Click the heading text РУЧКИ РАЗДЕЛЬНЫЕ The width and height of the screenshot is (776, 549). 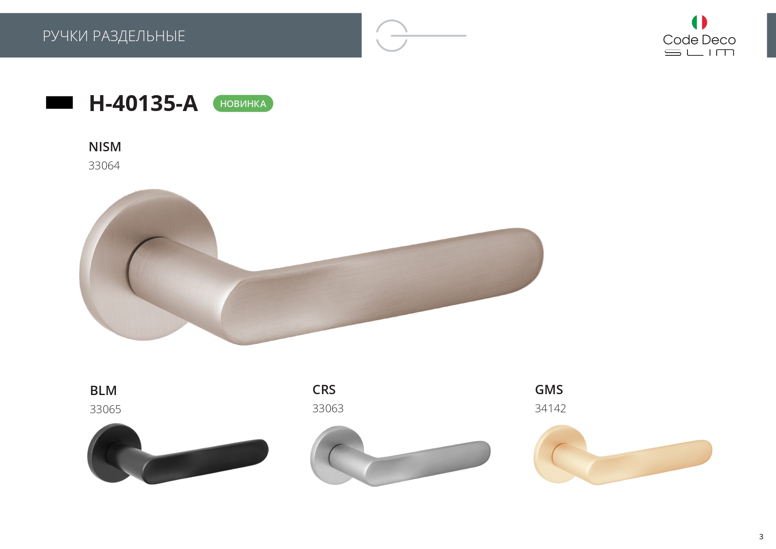114,36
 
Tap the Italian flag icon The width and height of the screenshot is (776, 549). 699,22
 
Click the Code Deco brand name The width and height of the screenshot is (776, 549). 699,40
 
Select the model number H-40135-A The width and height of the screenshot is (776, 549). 143,103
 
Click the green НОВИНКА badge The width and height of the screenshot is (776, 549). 243,104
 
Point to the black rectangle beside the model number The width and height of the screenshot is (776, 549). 59,103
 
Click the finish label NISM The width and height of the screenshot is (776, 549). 105,147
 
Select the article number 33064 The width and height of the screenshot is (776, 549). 104,165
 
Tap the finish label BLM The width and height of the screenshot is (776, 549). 103,391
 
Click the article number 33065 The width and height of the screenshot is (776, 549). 105,409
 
